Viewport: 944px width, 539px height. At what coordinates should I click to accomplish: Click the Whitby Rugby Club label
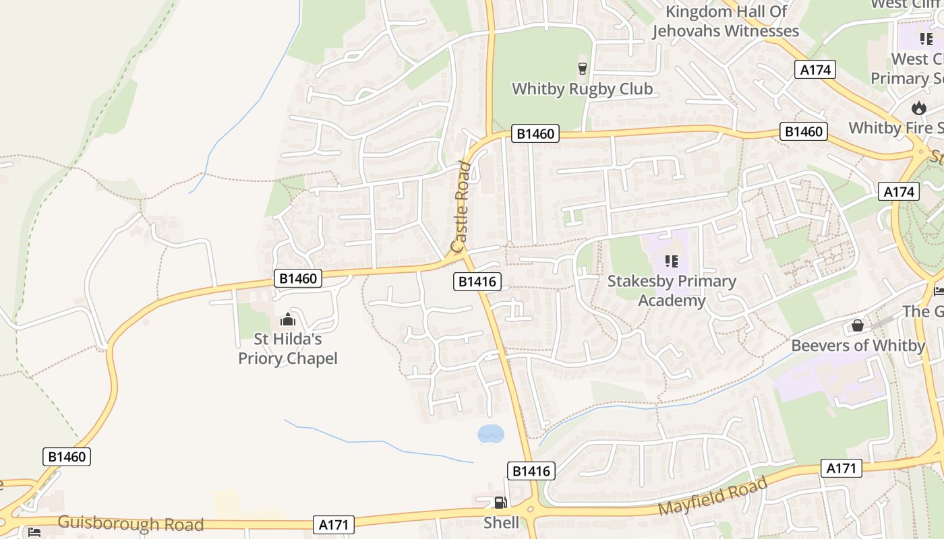pyautogui.click(x=583, y=89)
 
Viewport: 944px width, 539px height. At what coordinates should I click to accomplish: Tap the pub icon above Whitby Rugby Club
pyautogui.click(x=583, y=67)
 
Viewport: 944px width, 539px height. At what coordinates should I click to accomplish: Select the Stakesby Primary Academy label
pyautogui.click(x=672, y=290)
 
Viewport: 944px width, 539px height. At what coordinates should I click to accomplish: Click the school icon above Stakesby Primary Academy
pyautogui.click(x=671, y=261)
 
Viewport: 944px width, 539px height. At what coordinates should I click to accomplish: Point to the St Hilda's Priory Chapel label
pyautogui.click(x=288, y=348)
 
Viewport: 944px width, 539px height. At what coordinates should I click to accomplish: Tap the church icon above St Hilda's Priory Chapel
pyautogui.click(x=288, y=319)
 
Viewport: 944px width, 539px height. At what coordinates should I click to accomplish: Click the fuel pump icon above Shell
pyautogui.click(x=500, y=502)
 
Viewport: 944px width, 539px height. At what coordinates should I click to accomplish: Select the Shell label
pyautogui.click(x=502, y=523)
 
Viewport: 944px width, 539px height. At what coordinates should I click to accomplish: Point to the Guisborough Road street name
pyautogui.click(x=131, y=524)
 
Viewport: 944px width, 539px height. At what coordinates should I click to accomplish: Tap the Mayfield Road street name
pyautogui.click(x=712, y=495)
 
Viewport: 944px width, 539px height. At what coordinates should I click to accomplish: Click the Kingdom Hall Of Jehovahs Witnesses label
pyautogui.click(x=726, y=21)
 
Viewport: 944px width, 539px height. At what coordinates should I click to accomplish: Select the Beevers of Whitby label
pyautogui.click(x=858, y=346)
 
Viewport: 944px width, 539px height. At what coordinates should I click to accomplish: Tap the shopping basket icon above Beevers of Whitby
pyautogui.click(x=857, y=325)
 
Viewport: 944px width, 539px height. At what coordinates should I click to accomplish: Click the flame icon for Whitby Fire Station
pyautogui.click(x=918, y=108)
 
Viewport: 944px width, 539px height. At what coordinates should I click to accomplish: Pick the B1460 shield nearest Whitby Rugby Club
pyautogui.click(x=535, y=133)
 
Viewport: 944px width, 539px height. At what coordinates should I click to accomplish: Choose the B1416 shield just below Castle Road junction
pyautogui.click(x=477, y=282)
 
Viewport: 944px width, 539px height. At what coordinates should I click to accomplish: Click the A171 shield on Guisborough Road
pyautogui.click(x=334, y=525)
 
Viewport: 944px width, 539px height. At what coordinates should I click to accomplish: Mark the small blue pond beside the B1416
pyautogui.click(x=491, y=433)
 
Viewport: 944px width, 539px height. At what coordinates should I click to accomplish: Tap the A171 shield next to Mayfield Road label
pyautogui.click(x=842, y=468)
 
